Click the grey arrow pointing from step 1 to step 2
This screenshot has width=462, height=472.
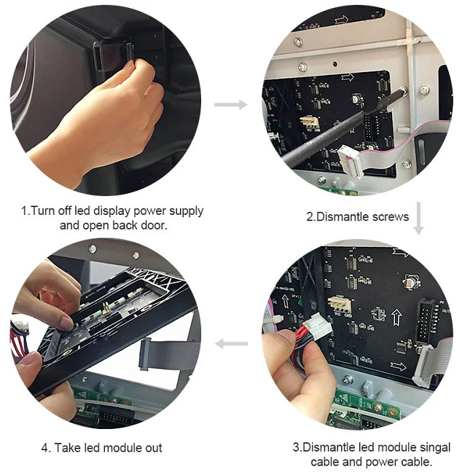231,104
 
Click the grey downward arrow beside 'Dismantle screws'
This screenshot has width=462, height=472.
418,219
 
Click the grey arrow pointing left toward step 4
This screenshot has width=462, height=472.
231,344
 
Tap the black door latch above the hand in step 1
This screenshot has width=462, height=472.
114,56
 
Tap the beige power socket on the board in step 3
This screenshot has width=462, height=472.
340,305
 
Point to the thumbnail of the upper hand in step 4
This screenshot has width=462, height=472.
66,323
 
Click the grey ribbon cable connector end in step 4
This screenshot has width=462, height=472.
144,354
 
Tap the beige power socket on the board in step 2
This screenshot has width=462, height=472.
310,121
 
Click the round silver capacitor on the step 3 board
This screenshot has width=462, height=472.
411,281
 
